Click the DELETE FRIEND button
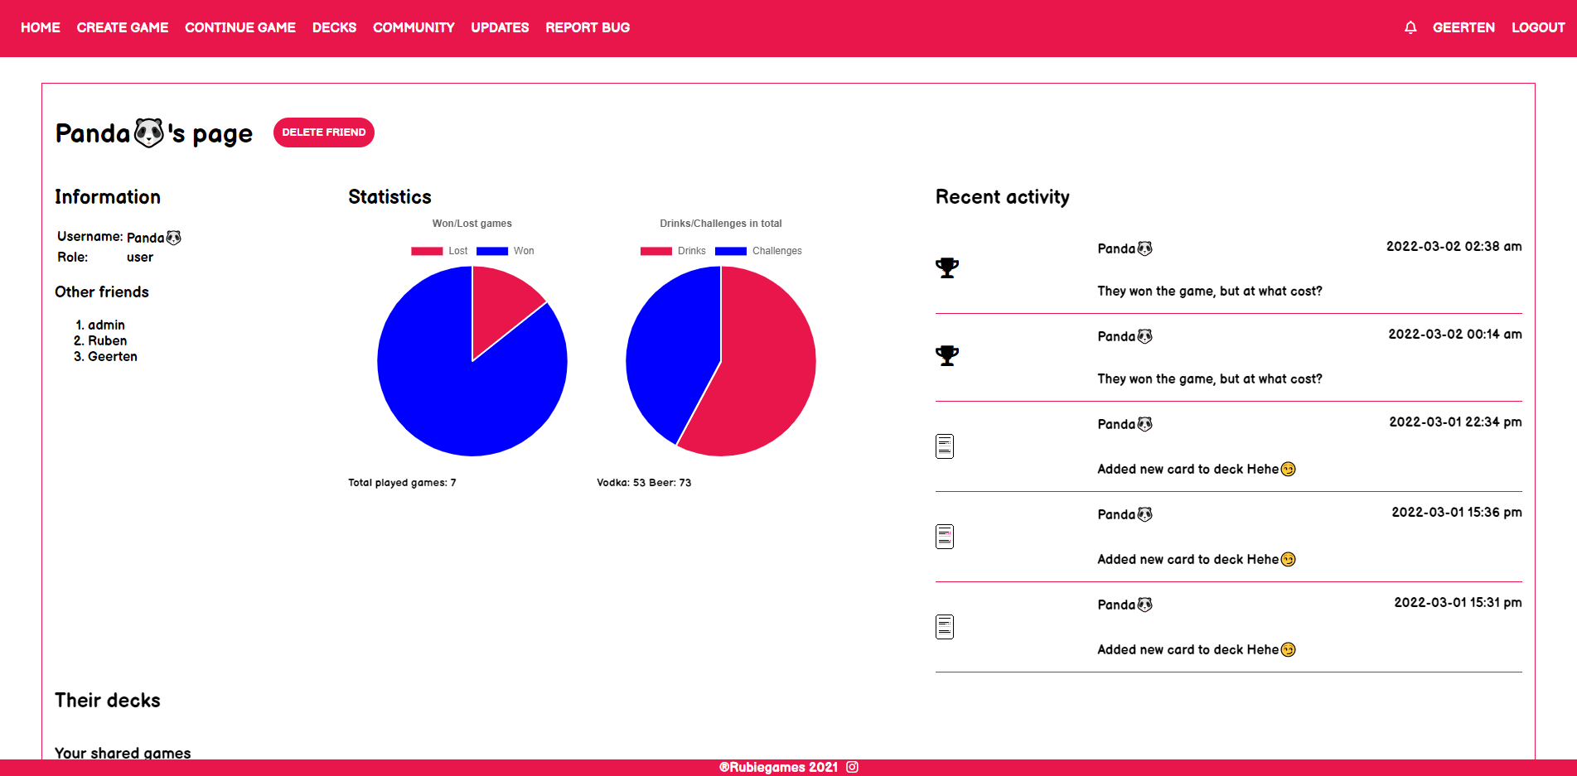pyautogui.click(x=323, y=133)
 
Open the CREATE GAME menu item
pyautogui.click(x=123, y=27)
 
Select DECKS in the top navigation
pyautogui.click(x=334, y=27)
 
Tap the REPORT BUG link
pyautogui.click(x=588, y=27)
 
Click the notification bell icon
pyautogui.click(x=1410, y=27)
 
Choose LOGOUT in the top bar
pyautogui.click(x=1538, y=27)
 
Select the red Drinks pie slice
pyautogui.click(x=758, y=373)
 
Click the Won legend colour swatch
pyautogui.click(x=492, y=251)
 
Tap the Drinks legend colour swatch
pyautogui.click(x=656, y=251)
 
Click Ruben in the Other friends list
pyautogui.click(x=108, y=340)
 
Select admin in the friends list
pyautogui.click(x=106, y=325)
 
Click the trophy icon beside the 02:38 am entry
pyautogui.click(x=947, y=268)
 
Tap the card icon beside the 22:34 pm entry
pyautogui.click(x=945, y=446)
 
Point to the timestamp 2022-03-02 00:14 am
pyautogui.click(x=1455, y=334)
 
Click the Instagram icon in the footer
pyautogui.click(x=852, y=767)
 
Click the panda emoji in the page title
pyautogui.click(x=149, y=133)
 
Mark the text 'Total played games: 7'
pyautogui.click(x=402, y=483)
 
